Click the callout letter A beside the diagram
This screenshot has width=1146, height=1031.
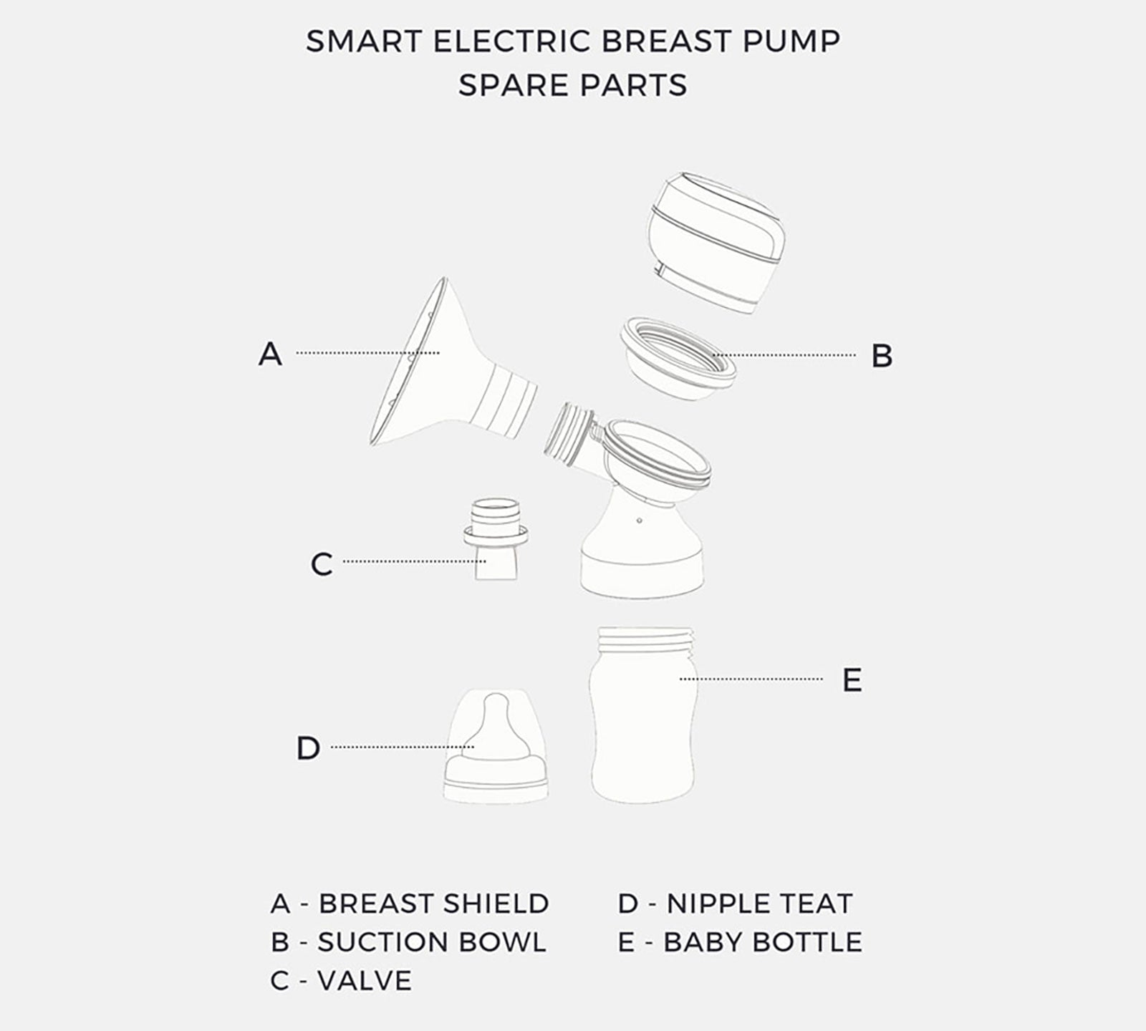tap(270, 354)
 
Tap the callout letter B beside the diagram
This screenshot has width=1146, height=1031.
tap(882, 356)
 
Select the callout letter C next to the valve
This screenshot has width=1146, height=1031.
tap(322, 564)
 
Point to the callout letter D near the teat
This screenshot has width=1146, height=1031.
tap(308, 748)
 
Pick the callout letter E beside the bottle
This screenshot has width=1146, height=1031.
tap(852, 680)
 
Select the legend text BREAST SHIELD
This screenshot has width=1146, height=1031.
tap(433, 904)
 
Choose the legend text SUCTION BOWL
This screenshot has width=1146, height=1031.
tap(432, 942)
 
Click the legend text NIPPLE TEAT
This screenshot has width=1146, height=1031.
tap(759, 904)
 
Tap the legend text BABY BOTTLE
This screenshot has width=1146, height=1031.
tap(763, 942)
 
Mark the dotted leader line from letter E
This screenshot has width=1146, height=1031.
tap(751, 679)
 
